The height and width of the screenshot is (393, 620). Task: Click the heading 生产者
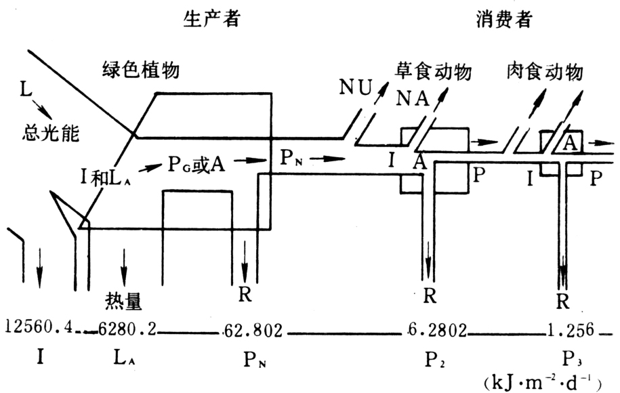click(211, 18)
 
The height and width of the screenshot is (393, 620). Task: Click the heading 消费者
click(504, 18)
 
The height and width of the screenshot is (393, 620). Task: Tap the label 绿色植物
click(141, 70)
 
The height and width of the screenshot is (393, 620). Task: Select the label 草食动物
click(433, 72)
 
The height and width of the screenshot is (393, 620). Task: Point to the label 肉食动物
click(545, 72)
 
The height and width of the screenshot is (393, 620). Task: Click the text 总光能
click(50, 133)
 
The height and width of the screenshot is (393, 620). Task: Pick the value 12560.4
click(39, 327)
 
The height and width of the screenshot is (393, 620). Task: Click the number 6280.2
click(127, 328)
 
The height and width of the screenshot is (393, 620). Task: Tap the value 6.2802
click(437, 330)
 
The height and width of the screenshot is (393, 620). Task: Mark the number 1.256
click(571, 329)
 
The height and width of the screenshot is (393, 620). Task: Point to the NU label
click(356, 87)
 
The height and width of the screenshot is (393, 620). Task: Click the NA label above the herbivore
click(413, 98)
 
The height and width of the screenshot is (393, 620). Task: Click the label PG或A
click(197, 164)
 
